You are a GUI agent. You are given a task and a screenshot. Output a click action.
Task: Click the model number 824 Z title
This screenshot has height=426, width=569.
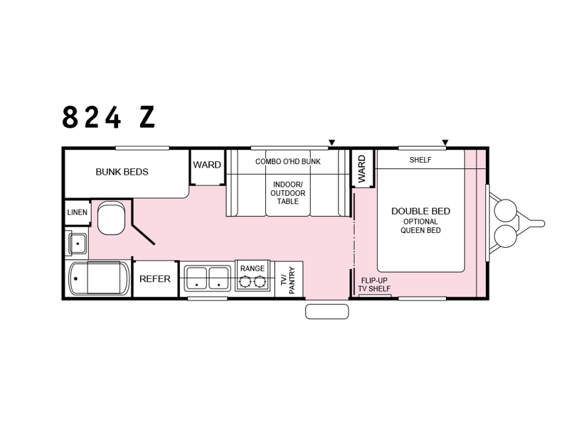109,117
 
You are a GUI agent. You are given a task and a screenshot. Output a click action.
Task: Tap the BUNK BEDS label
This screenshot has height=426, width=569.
122,172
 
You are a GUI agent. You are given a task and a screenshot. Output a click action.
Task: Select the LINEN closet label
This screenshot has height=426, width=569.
78,212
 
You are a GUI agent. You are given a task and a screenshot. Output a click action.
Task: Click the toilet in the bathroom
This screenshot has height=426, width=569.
111,218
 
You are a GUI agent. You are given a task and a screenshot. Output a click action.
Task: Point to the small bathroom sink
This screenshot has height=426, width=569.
78,244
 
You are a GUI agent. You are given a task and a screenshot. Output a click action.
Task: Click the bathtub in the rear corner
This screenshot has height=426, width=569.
99,278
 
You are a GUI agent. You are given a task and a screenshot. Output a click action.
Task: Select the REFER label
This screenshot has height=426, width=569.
155,279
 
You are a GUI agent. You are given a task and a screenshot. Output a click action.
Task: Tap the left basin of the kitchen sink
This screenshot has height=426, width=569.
196,278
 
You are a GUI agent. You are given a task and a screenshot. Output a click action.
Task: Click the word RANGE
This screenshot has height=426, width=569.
252,268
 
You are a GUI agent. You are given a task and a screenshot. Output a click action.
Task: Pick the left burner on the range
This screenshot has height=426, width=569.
245,281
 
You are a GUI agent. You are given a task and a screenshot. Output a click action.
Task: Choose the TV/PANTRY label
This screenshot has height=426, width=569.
289,280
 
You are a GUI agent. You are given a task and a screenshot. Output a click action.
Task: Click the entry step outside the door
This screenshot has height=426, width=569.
327,312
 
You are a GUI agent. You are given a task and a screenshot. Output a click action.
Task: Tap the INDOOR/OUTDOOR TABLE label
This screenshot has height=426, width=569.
288,193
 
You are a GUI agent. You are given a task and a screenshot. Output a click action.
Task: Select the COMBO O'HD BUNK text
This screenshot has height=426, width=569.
288,162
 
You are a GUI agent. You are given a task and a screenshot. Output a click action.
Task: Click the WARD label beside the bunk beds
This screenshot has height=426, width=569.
207,165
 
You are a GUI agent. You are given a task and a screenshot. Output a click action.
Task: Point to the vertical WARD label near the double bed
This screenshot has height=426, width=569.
362,169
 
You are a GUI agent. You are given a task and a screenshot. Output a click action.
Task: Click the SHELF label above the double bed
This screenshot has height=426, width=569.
420,160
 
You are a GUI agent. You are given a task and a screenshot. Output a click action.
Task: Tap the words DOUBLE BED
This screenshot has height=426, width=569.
420,211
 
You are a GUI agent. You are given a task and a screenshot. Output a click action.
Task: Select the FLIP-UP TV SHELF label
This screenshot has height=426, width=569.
374,285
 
